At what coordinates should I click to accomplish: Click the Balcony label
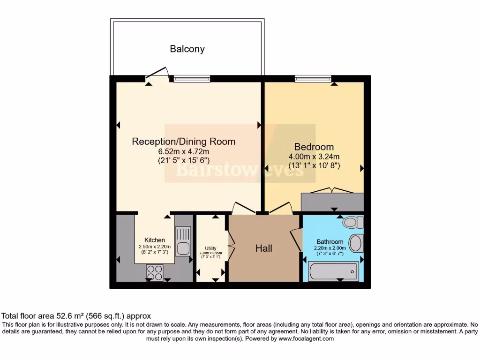point(187,49)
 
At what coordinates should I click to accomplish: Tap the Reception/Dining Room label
point(183,142)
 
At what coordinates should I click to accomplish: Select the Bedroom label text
point(314,147)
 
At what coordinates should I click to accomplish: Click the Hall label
point(264,248)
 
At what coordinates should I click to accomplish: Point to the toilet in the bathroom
point(353,222)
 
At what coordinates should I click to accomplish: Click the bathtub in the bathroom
point(333,271)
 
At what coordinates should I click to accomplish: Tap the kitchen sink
point(183,240)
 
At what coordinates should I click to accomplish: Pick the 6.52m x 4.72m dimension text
point(183,151)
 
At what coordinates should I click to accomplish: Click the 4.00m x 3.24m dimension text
point(314,157)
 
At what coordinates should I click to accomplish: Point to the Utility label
point(210,248)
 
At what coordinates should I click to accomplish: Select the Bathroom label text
point(330,242)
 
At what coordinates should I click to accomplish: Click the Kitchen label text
point(154,240)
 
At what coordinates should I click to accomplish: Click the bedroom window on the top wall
point(313,79)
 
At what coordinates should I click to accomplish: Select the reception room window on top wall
point(192,79)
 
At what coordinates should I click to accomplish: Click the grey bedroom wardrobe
point(332,202)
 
